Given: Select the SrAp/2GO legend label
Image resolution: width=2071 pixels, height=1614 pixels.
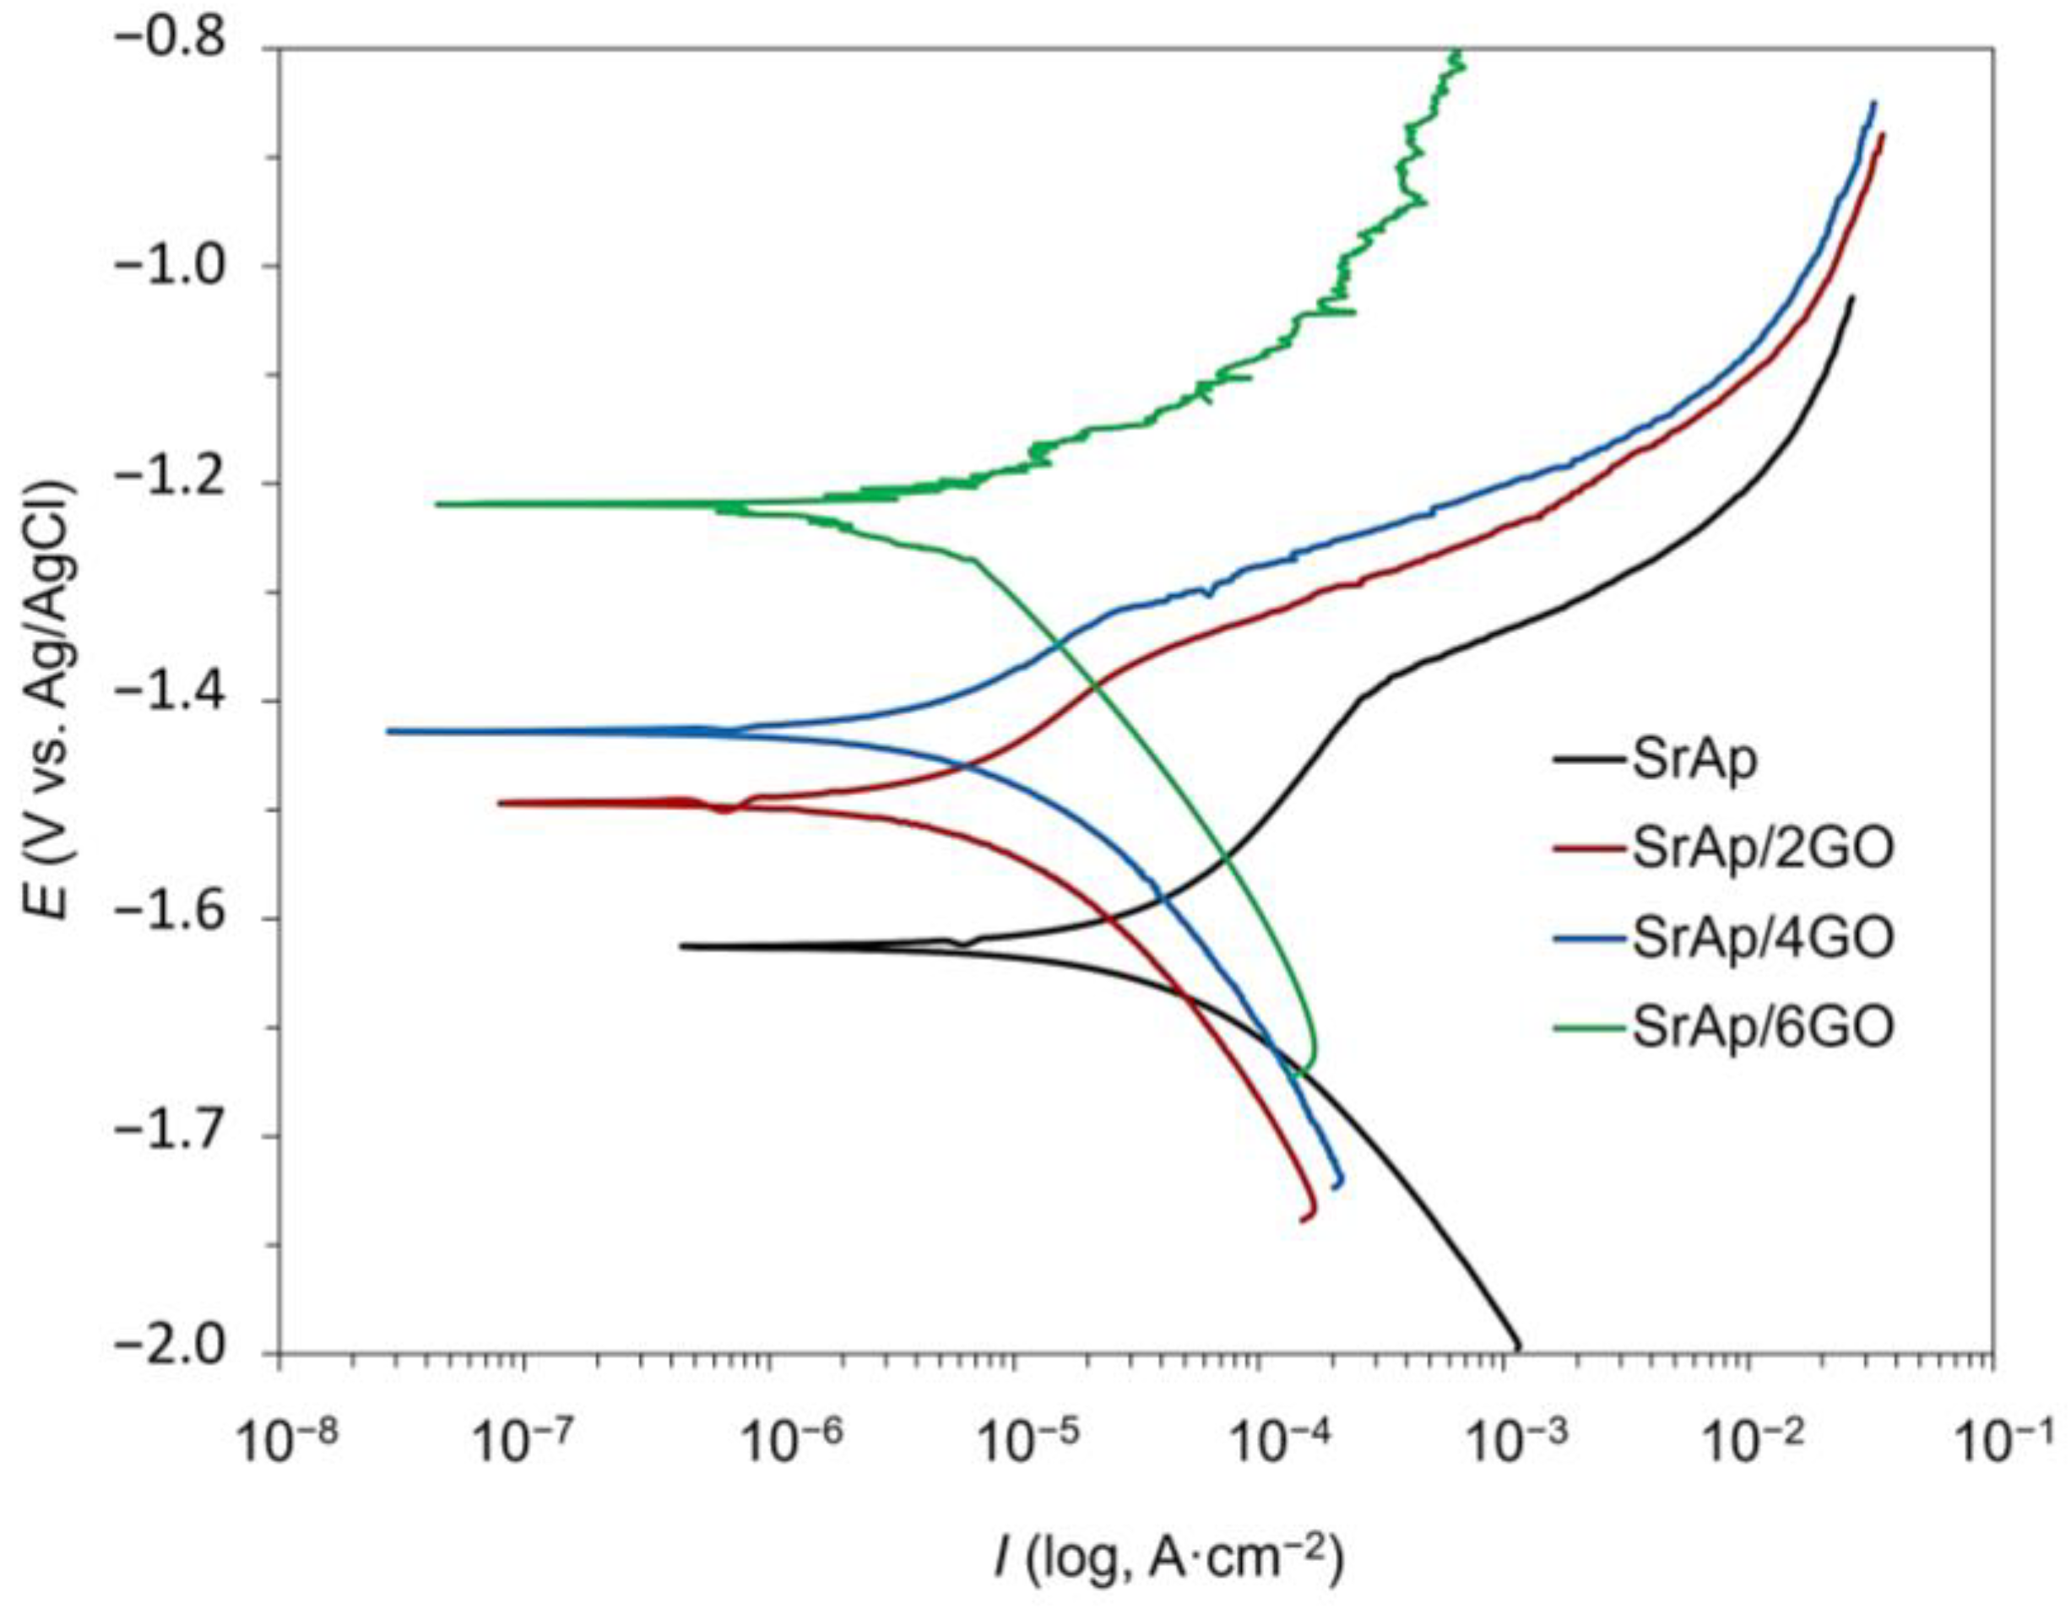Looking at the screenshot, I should point(1763,848).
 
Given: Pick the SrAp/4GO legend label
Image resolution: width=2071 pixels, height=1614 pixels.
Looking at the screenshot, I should point(1763,937).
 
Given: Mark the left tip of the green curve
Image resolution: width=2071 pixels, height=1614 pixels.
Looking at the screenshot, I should point(437,504).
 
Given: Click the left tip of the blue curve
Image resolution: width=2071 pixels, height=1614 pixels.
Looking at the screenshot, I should point(388,730).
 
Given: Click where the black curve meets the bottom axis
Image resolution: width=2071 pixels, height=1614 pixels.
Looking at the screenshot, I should point(1518,1351).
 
